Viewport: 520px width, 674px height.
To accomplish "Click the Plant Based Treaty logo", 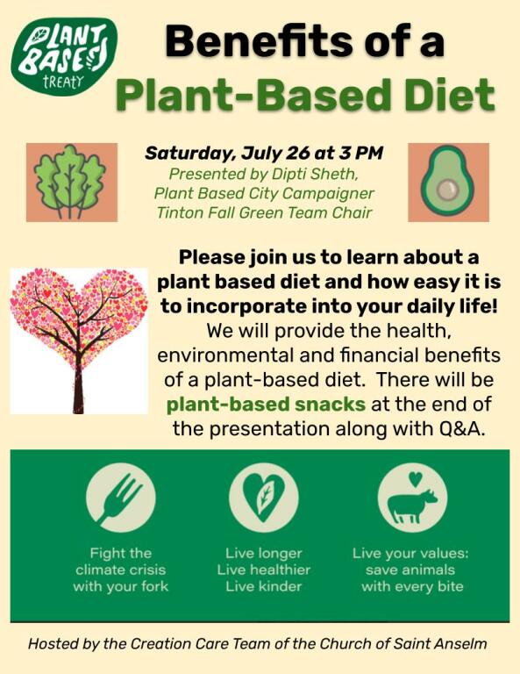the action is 64,56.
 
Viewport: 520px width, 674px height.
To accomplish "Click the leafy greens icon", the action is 71,183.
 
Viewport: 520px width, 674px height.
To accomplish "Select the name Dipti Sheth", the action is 315,174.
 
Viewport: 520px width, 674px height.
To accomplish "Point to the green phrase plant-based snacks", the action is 266,404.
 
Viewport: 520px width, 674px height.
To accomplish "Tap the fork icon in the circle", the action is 121,498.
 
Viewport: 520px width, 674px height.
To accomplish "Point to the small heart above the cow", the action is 416,479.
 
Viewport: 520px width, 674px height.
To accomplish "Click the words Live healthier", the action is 264,570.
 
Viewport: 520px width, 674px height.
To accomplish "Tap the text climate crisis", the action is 121,570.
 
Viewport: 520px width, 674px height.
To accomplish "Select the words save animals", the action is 410,570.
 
